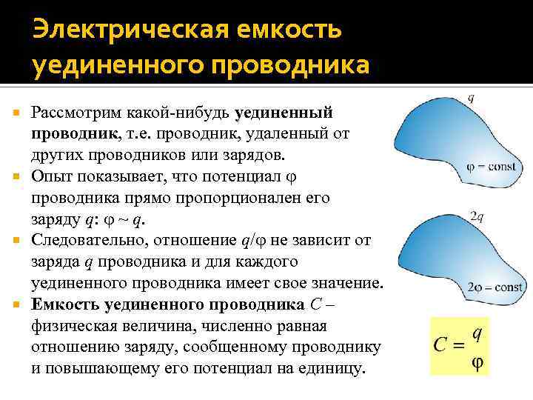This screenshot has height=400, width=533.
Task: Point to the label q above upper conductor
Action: [472, 97]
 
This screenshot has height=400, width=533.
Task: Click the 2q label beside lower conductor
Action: [477, 216]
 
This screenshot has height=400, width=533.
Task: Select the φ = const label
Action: [492, 167]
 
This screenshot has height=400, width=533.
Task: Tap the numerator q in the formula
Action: [477, 333]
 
